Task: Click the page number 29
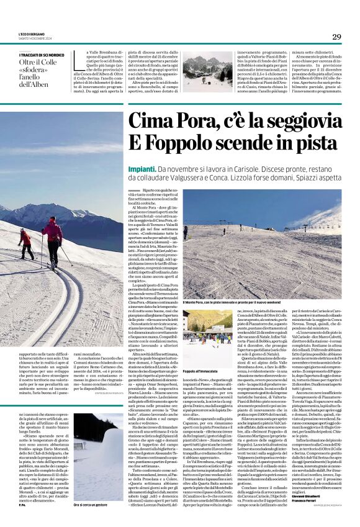(x=336, y=37)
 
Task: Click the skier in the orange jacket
(x=25, y=243)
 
